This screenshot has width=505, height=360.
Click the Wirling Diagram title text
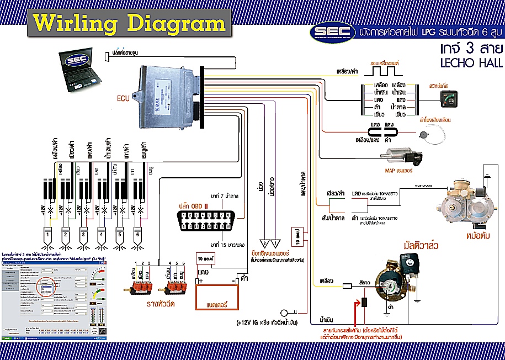pyautogui.click(x=129, y=24)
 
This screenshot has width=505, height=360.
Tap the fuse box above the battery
pyautogui.click(x=206, y=258)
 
